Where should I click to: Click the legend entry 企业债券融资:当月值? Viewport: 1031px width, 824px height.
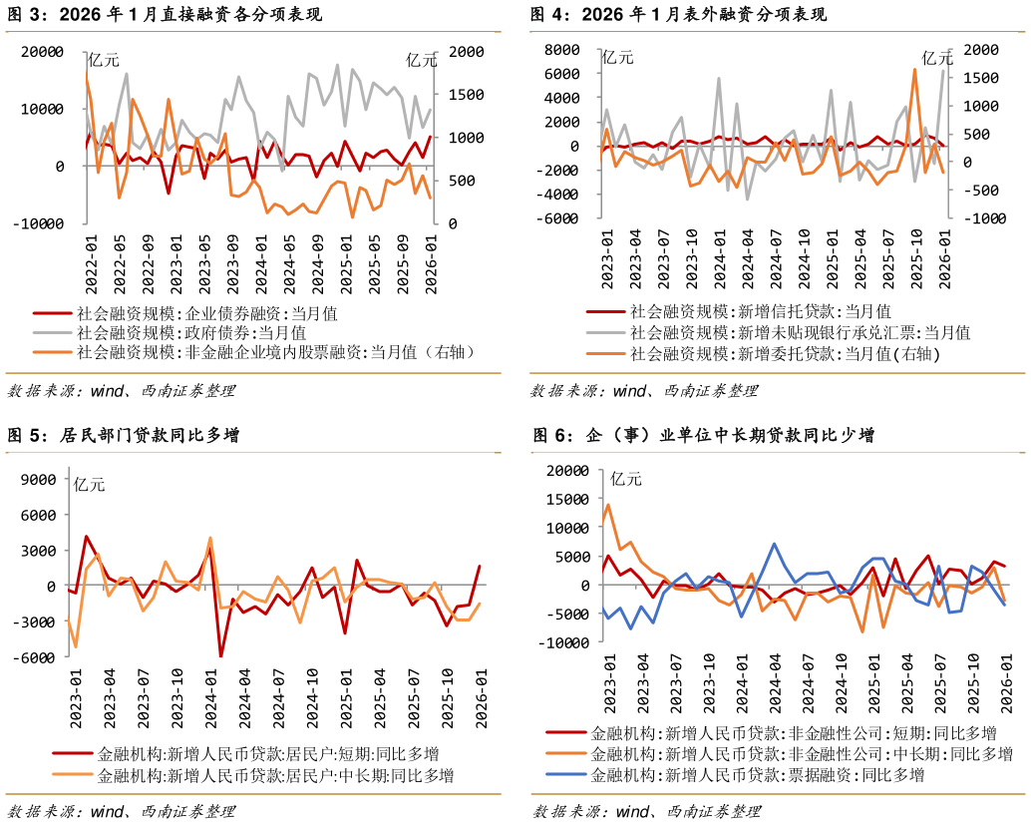(x=206, y=312)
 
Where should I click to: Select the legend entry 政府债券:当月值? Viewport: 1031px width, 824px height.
(x=191, y=332)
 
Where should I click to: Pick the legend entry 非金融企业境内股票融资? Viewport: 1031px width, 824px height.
(x=275, y=352)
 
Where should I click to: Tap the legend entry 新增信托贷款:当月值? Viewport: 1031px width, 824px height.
(x=760, y=312)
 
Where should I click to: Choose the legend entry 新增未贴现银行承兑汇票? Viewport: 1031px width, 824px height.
(x=799, y=332)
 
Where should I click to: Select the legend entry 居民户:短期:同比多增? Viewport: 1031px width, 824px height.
(x=267, y=753)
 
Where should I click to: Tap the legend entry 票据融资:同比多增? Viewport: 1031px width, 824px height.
(x=758, y=774)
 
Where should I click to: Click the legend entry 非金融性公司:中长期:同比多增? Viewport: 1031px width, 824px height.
(x=802, y=753)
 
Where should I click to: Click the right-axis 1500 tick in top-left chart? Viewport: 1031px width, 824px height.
(x=466, y=95)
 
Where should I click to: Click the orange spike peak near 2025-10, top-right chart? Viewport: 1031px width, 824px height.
(x=914, y=69)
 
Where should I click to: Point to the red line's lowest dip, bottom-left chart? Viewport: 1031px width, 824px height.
(x=221, y=655)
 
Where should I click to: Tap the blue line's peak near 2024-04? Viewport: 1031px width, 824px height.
(x=774, y=545)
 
